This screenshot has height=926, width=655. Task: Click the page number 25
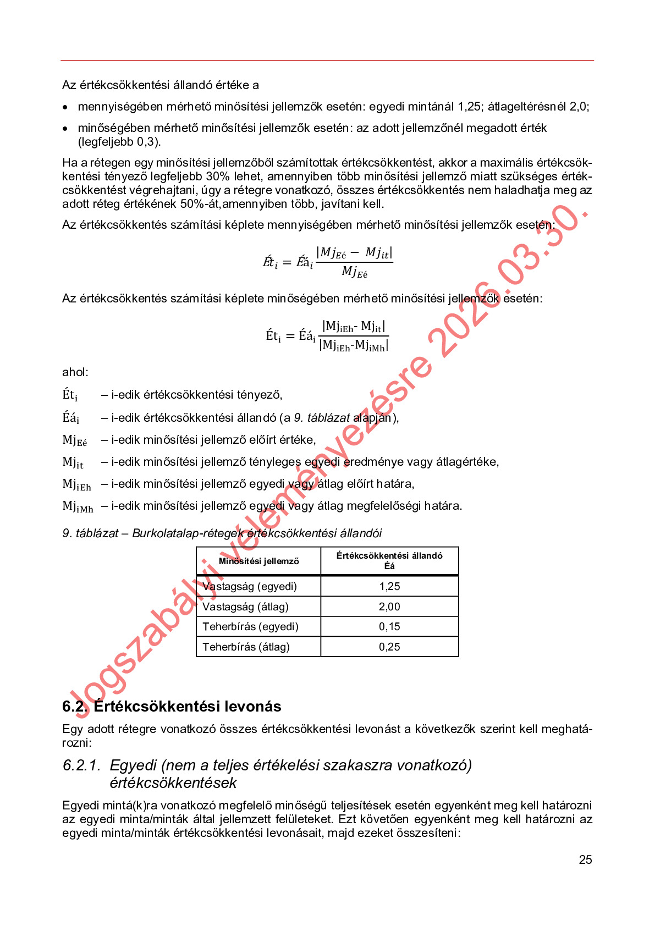pyautogui.click(x=585, y=860)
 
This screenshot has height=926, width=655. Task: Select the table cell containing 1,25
pyautogui.click(x=389, y=586)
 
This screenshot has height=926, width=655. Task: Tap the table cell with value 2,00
pyautogui.click(x=389, y=607)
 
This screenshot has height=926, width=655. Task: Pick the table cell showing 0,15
pyautogui.click(x=389, y=626)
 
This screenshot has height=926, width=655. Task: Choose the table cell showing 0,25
pyautogui.click(x=389, y=647)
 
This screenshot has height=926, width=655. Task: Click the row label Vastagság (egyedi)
pyautogui.click(x=250, y=586)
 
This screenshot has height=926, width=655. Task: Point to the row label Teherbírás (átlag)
pyautogui.click(x=246, y=647)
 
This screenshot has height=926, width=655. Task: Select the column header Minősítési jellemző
pyautogui.click(x=258, y=561)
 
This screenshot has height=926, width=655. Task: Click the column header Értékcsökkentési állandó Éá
pyautogui.click(x=389, y=560)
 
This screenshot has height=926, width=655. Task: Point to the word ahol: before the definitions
pyautogui.click(x=75, y=372)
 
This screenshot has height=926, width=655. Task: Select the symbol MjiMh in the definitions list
pyautogui.click(x=78, y=506)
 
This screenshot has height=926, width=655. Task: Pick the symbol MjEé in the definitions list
pyautogui.click(x=75, y=440)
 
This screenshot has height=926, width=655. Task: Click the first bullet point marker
pyautogui.click(x=65, y=107)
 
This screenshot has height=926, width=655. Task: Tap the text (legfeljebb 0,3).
pyautogui.click(x=119, y=142)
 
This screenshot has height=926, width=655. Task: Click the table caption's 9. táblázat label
pyautogui.click(x=90, y=533)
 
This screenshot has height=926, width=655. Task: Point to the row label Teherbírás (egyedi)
pyautogui.click(x=250, y=626)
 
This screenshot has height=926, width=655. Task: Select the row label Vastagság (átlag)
pyautogui.click(x=245, y=607)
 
